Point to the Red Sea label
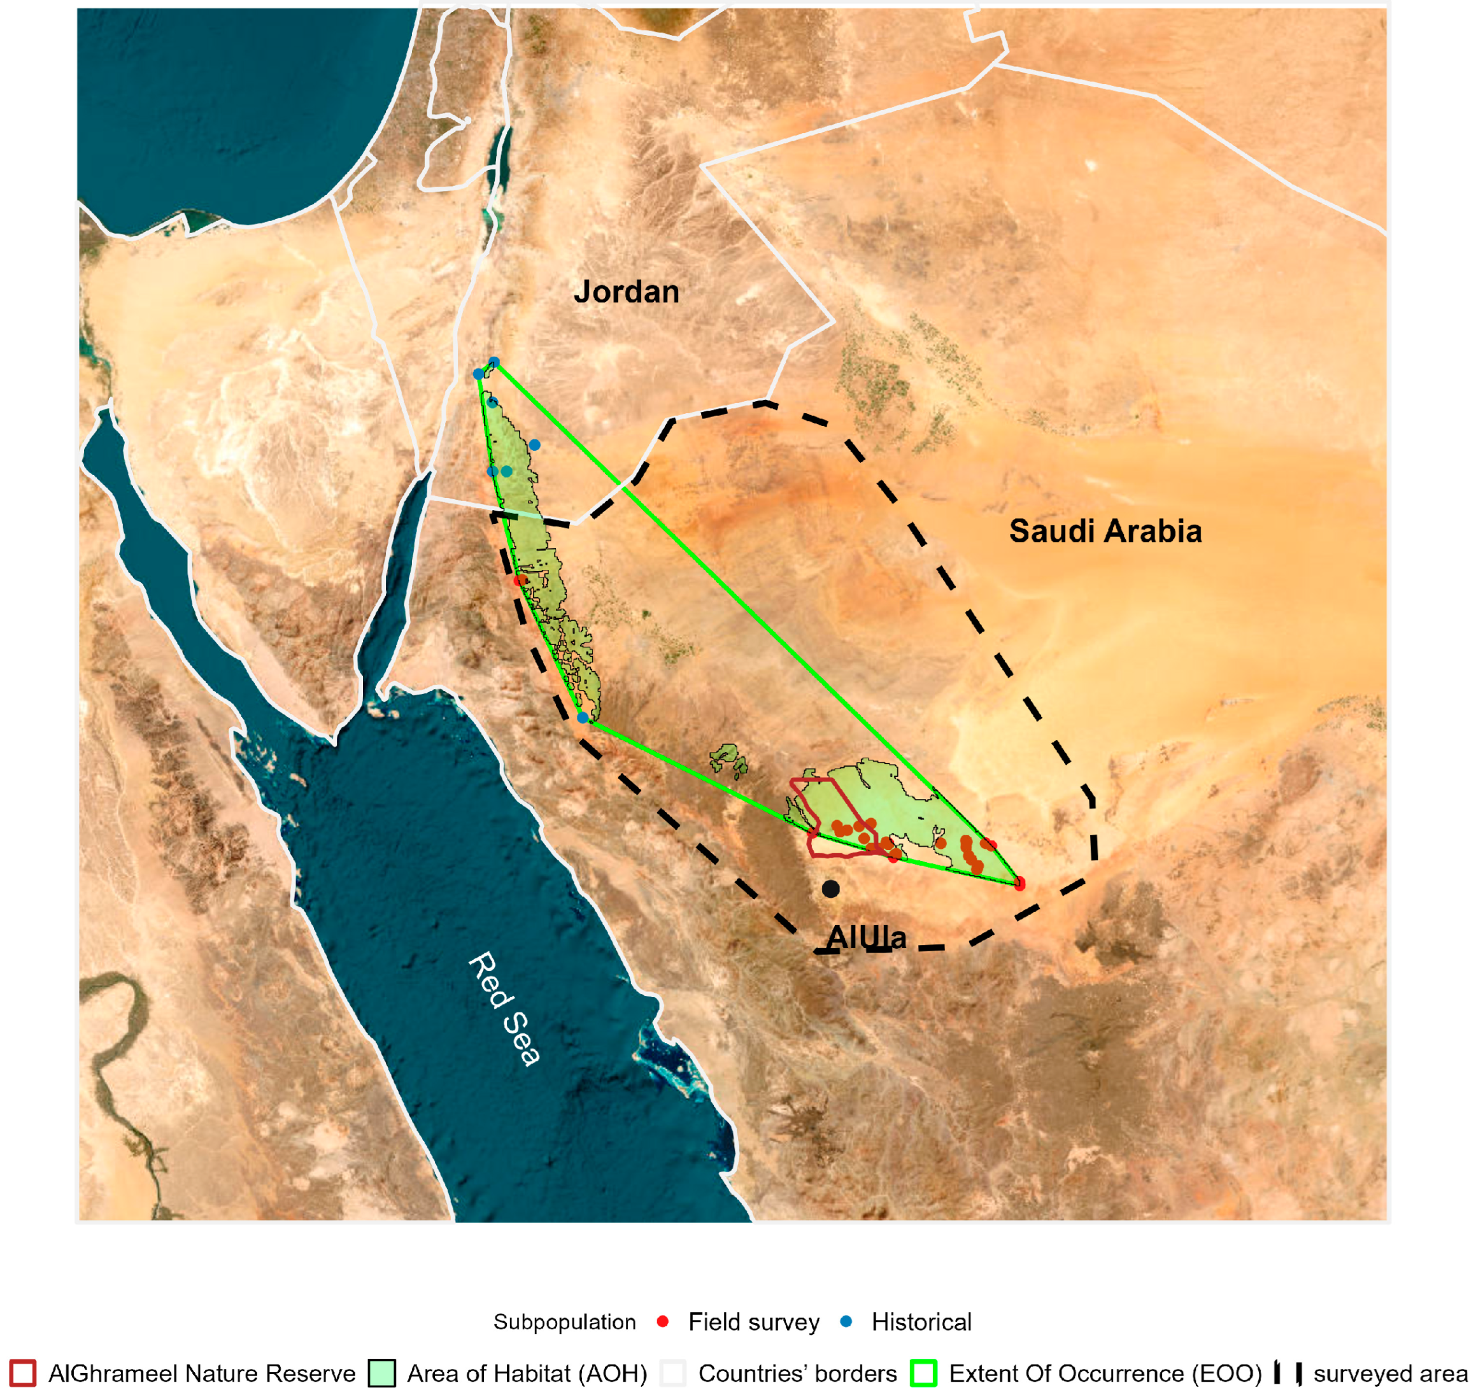pyautogui.click(x=504, y=1009)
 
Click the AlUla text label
pyautogui.click(x=866, y=937)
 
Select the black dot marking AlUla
pyautogui.click(x=830, y=888)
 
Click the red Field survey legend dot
pyautogui.click(x=662, y=1321)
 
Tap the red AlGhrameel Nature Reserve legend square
pyautogui.click(x=23, y=1372)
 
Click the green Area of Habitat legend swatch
pyautogui.click(x=381, y=1372)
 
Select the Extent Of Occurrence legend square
pyautogui.click(x=923, y=1372)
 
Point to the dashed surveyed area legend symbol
pyautogui.click(x=1288, y=1372)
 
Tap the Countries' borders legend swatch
pyautogui.click(x=672, y=1372)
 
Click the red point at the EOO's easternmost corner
pyautogui.click(x=1019, y=883)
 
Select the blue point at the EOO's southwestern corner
pyautogui.click(x=583, y=717)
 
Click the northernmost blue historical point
pyautogui.click(x=493, y=363)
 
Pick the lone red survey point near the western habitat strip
pyautogui.click(x=519, y=579)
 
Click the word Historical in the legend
pyautogui.click(x=921, y=1322)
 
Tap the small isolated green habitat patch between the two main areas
pyautogui.click(x=728, y=759)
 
